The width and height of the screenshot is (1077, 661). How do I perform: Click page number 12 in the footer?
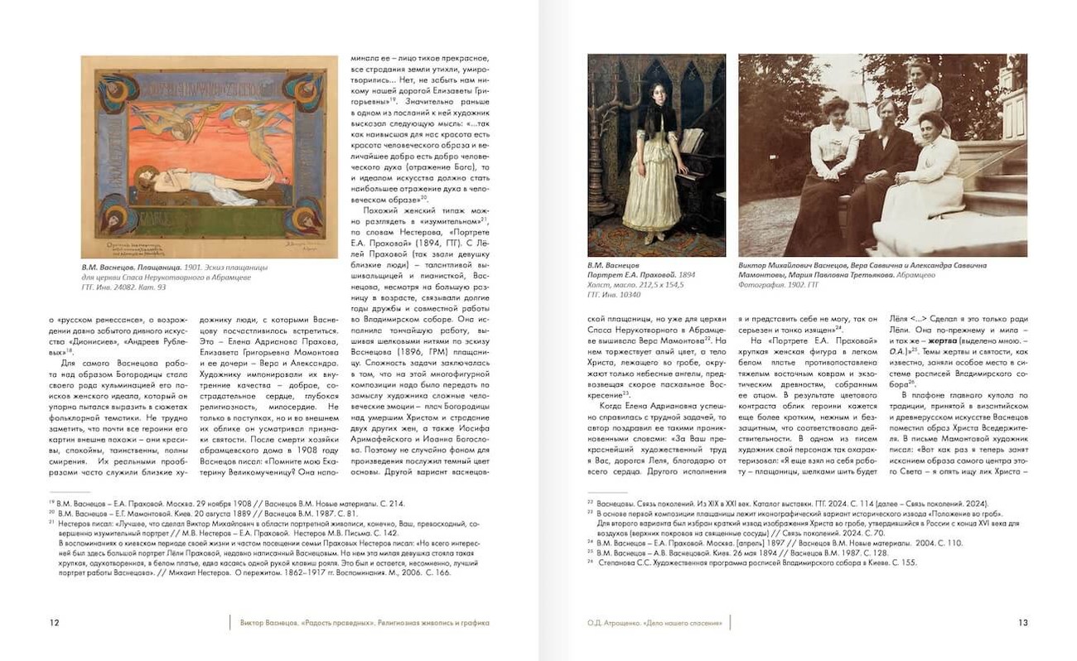(54, 623)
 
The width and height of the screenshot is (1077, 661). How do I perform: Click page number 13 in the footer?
(1022, 623)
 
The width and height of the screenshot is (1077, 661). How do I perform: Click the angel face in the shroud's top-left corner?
(110, 86)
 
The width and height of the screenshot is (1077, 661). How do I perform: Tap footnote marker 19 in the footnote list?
(51, 503)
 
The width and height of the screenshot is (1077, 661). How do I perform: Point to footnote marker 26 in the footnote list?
(590, 562)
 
